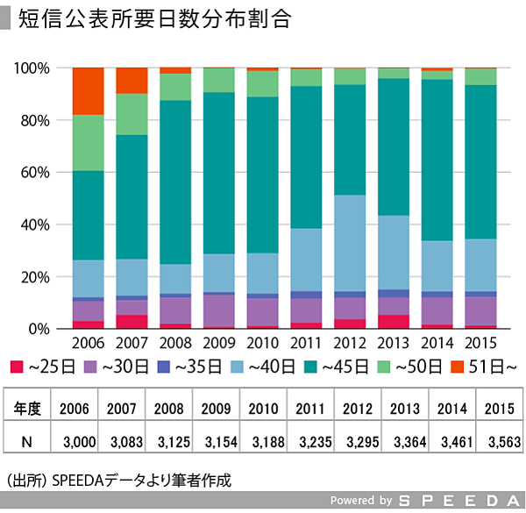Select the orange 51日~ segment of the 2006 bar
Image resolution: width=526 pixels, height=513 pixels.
click(89, 91)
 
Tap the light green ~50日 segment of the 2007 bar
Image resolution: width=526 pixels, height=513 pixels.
click(132, 114)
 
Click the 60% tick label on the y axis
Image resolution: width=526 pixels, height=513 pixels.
click(38, 173)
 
